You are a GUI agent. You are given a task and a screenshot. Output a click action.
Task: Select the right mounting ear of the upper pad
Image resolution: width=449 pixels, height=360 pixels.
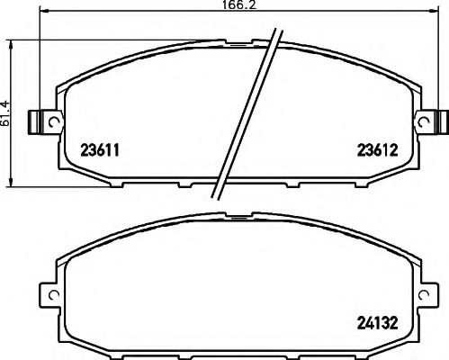[435, 121]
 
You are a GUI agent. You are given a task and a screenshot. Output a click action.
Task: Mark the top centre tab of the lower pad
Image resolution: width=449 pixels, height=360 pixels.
[238, 217]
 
